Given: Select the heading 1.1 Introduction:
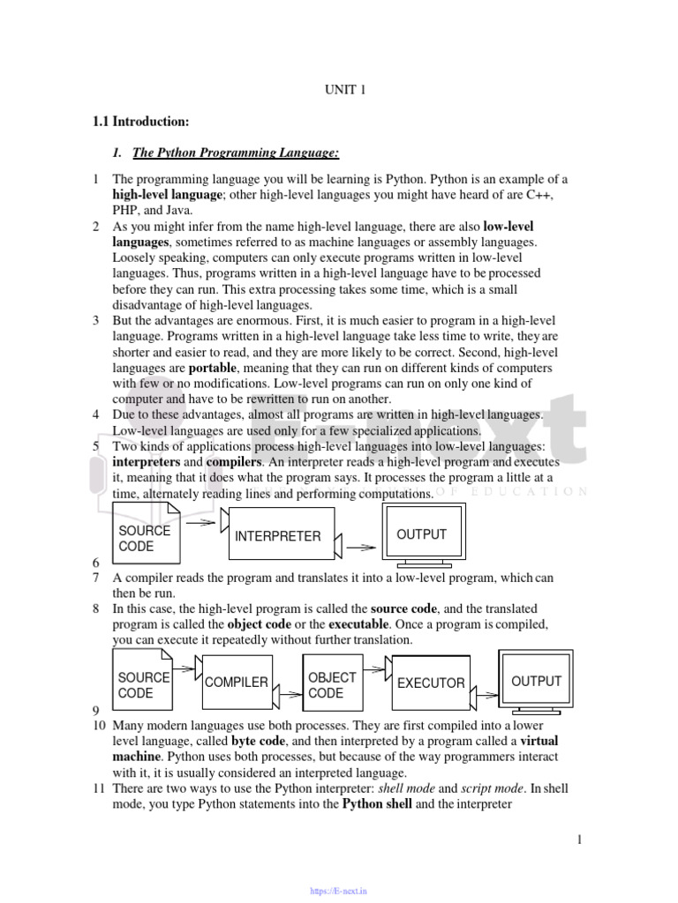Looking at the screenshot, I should (x=142, y=121).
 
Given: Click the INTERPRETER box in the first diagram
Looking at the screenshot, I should (x=277, y=536).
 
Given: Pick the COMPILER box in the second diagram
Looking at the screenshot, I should (x=236, y=683).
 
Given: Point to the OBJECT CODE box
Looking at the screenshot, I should (x=332, y=684).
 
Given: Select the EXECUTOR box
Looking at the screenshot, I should (x=430, y=683).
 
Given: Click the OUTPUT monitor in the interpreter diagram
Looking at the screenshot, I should (x=421, y=535).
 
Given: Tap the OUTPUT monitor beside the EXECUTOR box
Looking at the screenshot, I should (x=536, y=682).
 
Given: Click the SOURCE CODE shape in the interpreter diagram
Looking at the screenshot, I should (x=145, y=538).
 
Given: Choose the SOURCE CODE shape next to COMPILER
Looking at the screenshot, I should (x=143, y=684).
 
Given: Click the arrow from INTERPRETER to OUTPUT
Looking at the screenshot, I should (x=361, y=547).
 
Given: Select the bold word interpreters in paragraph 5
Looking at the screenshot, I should (x=147, y=462).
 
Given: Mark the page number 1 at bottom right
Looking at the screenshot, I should (x=579, y=840).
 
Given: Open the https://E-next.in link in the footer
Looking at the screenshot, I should (x=338, y=892).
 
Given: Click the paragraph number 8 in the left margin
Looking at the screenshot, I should (x=95, y=609).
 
